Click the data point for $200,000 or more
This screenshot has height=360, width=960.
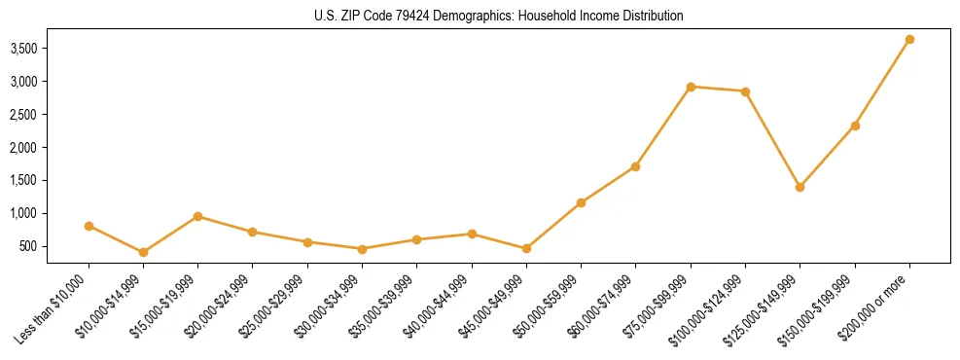[x=909, y=40]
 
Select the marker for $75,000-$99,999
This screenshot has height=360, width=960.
[x=691, y=87]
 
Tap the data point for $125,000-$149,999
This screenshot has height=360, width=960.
[x=800, y=187]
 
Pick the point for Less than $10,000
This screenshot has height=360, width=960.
[x=89, y=226]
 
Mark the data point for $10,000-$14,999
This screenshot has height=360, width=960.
[x=143, y=252]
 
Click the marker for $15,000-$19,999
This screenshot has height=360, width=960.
[x=197, y=216]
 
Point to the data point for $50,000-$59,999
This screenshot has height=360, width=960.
[x=581, y=202]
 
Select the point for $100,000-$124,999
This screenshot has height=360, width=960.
[x=745, y=91]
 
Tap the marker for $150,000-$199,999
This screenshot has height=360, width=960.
[x=855, y=126]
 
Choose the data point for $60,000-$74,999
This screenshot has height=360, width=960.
[x=635, y=166]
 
